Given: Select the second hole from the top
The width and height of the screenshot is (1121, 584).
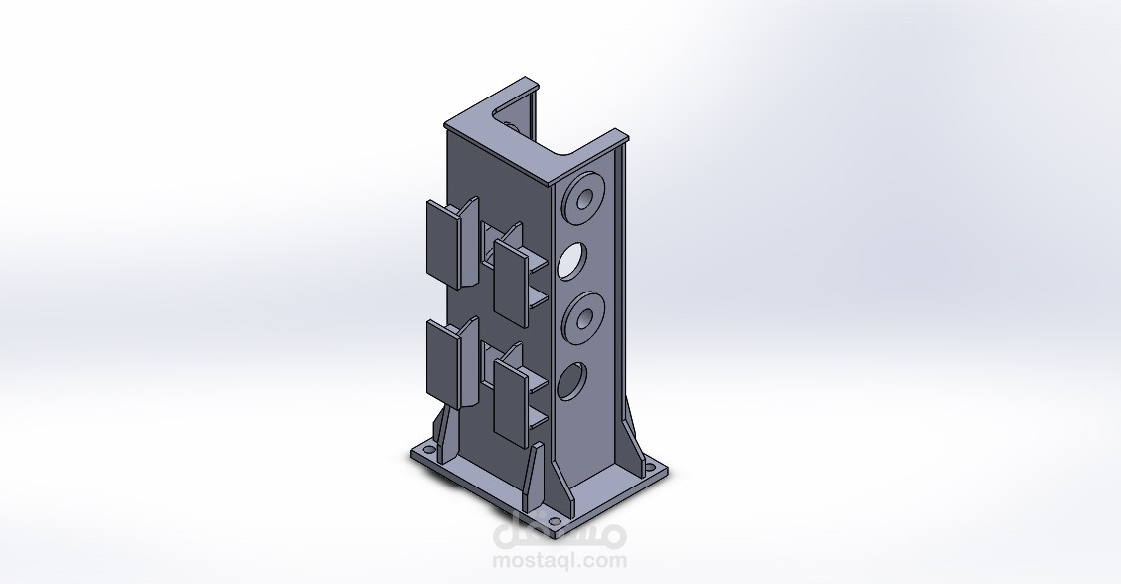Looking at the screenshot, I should pyautogui.click(x=572, y=261).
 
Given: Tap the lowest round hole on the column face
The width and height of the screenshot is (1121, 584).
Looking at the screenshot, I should pyautogui.click(x=571, y=381).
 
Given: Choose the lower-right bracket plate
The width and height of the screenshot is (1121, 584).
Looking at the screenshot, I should pyautogui.click(x=510, y=400).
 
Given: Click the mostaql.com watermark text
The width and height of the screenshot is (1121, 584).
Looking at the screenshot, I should pyautogui.click(x=560, y=561).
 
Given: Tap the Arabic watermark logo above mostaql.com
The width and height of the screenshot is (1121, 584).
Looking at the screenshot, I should pyautogui.click(x=560, y=533).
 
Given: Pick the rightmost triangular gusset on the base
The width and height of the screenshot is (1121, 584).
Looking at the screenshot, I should pyautogui.click(x=631, y=438).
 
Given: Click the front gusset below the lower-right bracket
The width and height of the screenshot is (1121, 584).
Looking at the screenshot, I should pyautogui.click(x=533, y=468).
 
